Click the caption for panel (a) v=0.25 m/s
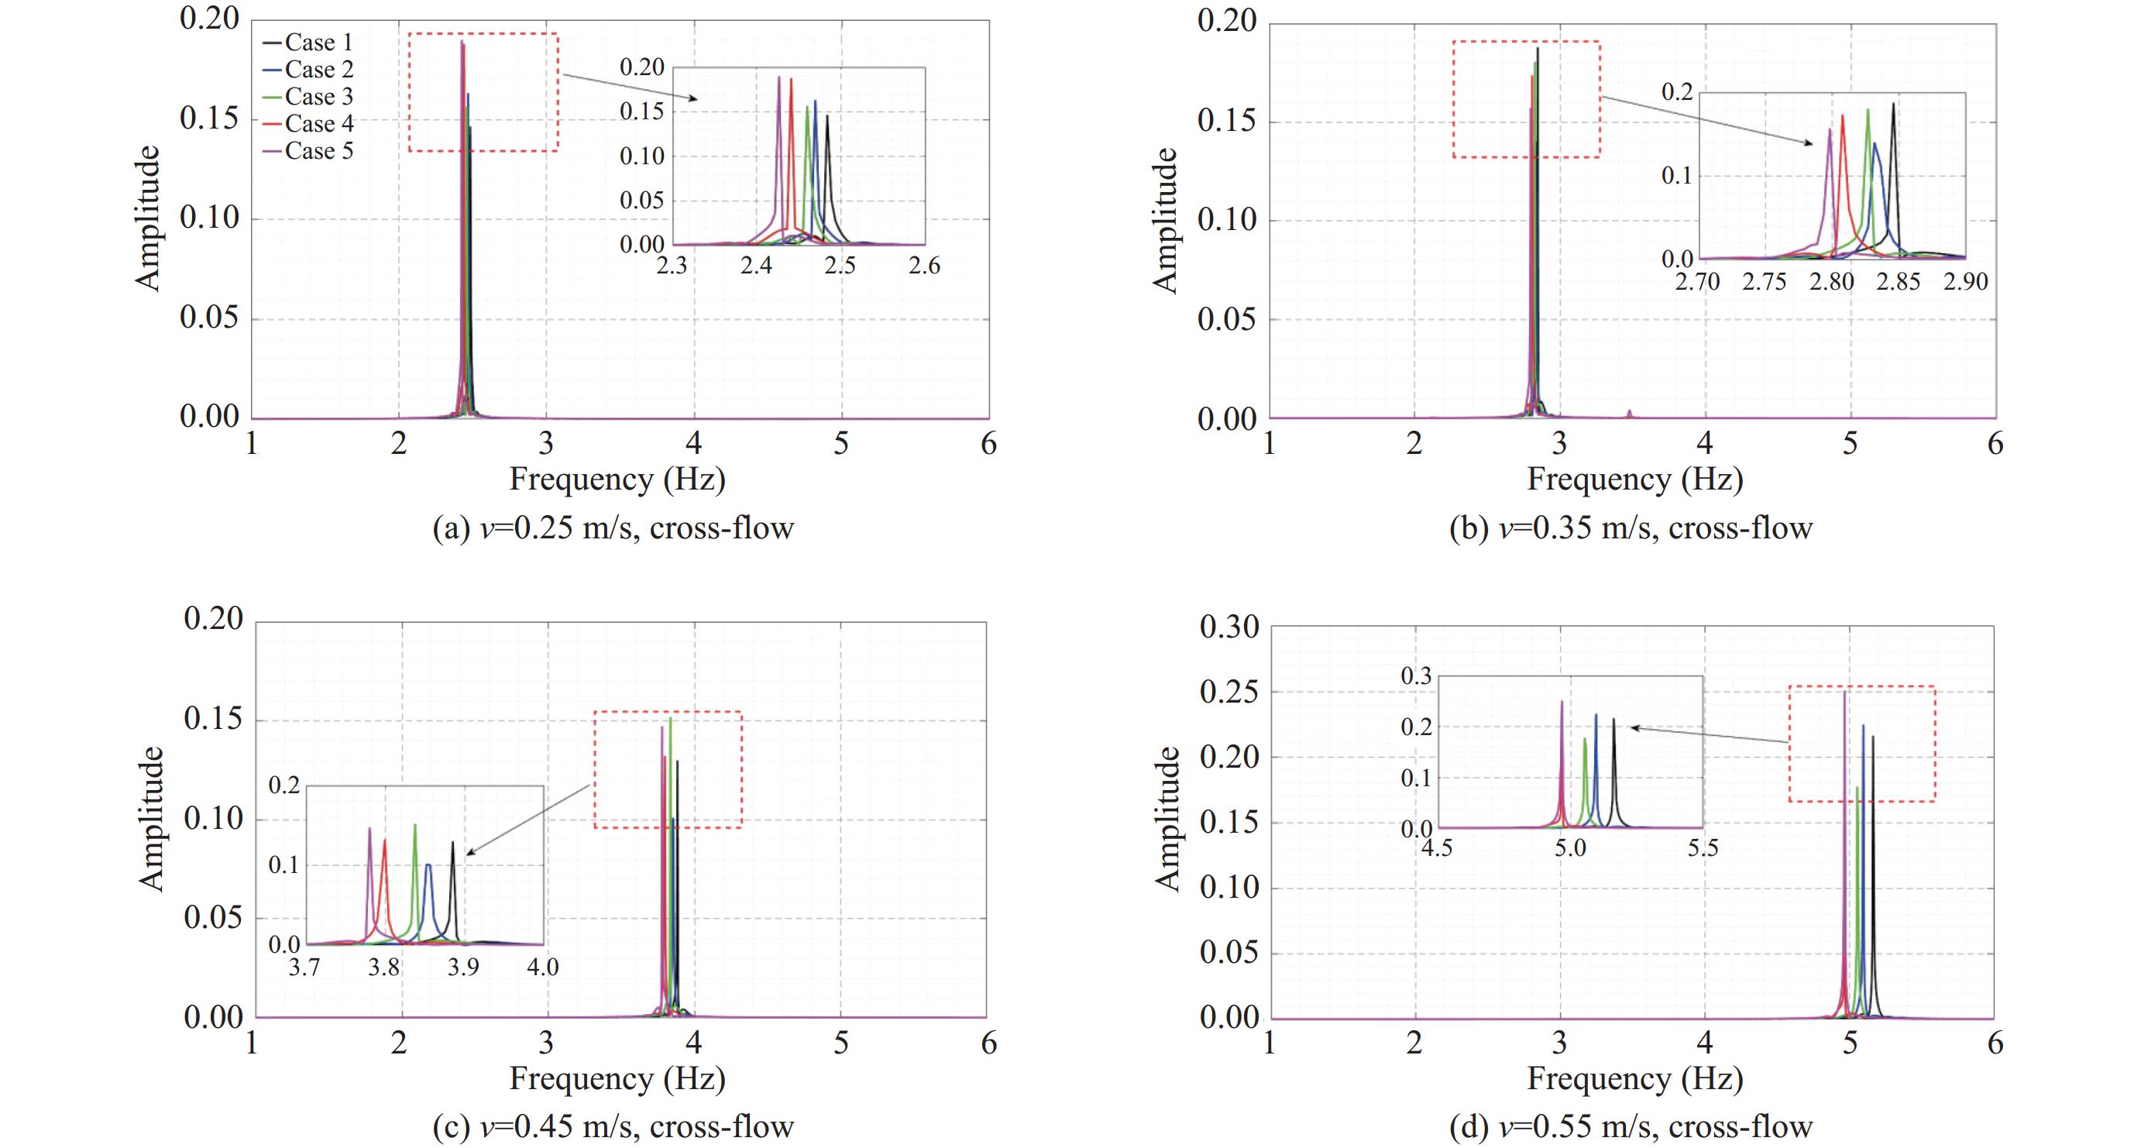coord(613,528)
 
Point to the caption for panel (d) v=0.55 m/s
coord(1631,1126)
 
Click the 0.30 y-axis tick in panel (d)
coord(1229,627)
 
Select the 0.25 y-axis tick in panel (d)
coord(1229,693)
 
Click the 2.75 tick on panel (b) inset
coord(1764,283)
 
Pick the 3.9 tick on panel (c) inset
coord(463,967)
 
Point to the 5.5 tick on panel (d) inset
coord(1703,848)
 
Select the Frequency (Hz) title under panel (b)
coord(1634,479)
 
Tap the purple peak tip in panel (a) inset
coord(778,78)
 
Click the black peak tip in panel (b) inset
coord(1893,105)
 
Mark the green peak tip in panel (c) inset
coord(415,825)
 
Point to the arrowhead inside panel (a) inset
coord(696,99)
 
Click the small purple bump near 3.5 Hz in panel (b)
coord(1630,411)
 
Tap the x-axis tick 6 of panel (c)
coord(988,1043)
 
